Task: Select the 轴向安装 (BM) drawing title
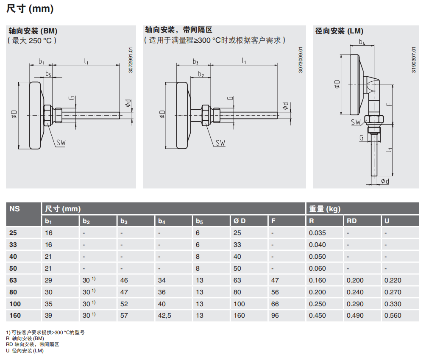pos(33,31)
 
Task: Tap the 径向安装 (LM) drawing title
pos(339,31)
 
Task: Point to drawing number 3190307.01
pos(414,60)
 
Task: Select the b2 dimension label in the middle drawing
pos(201,75)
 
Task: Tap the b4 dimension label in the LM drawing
pos(362,42)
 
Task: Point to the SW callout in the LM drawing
pos(356,122)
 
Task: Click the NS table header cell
pos(15,209)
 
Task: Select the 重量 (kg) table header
pos(325,209)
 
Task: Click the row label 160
pos(15,316)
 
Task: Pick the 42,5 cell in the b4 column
pos(164,316)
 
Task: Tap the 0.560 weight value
pos(393,316)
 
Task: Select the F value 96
pos(275,316)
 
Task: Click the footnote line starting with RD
pos(32,344)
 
